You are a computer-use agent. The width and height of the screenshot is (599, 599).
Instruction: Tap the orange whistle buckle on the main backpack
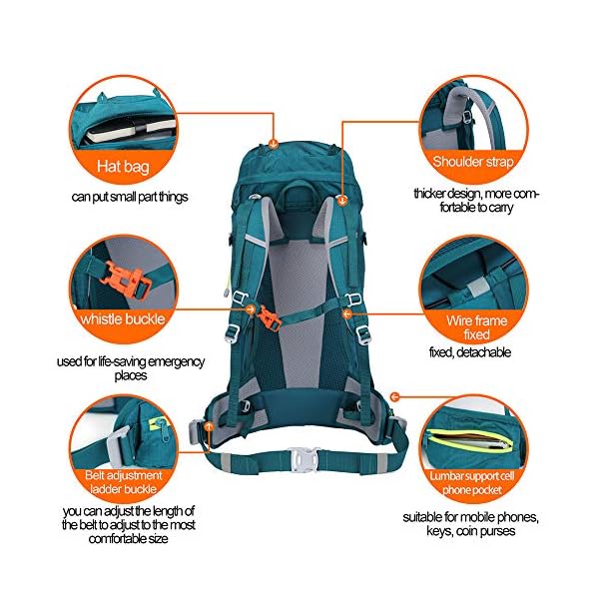[x=267, y=316]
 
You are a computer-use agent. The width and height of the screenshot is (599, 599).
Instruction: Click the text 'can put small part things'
[x=129, y=197]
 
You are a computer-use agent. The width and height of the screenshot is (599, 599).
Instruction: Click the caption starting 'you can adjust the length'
[x=127, y=524]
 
